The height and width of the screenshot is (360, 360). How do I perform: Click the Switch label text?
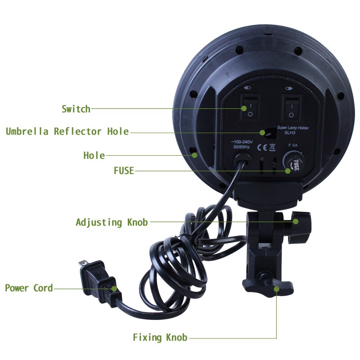pos(76,109)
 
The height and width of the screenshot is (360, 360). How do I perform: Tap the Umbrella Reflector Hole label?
pos(67,132)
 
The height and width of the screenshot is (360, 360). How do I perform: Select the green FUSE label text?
pos(123,171)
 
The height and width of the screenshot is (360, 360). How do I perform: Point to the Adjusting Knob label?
pos(112,222)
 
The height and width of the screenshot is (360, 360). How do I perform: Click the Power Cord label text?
pos(29,288)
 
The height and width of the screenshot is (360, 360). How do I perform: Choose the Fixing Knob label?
pos(160,337)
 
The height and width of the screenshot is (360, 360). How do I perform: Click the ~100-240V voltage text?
pos(241,141)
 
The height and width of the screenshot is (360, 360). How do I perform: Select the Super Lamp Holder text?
pos(293,128)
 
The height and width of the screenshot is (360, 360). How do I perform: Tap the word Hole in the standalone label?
pos(94,156)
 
